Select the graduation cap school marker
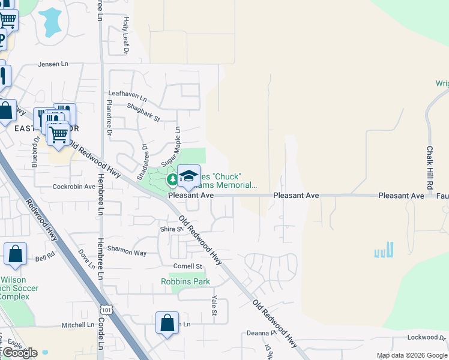tap(189, 176)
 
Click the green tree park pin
tap(172, 179)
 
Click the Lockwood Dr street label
tap(427, 338)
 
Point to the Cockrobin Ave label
tap(74, 187)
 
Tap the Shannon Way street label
tap(127, 253)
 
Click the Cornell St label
tap(187, 266)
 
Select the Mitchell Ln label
tap(77, 325)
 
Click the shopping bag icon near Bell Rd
tap(15, 253)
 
